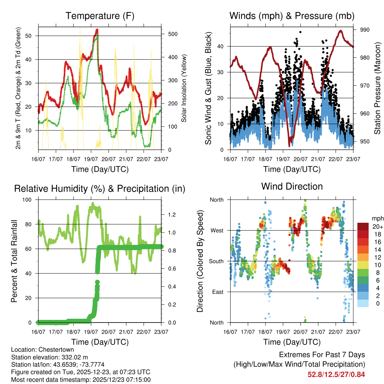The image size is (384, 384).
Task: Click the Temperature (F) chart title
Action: [x=100, y=16]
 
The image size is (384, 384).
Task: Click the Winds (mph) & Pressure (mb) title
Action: [x=292, y=16]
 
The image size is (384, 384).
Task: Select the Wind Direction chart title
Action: [x=292, y=186]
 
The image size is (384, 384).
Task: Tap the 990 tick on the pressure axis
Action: [x=365, y=30]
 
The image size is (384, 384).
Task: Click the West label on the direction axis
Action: [x=216, y=230]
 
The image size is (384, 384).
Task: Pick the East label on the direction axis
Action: [x=217, y=292]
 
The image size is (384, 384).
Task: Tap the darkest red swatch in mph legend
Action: [x=363, y=226]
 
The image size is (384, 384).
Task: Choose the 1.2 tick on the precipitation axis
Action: [x=172, y=214]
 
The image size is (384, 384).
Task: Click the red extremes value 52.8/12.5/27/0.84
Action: [x=336, y=374]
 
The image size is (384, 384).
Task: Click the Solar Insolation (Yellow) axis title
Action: [x=184, y=88]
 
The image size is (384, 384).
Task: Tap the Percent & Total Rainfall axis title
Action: [x=14, y=261]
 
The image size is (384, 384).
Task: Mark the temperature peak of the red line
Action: [x=97, y=30]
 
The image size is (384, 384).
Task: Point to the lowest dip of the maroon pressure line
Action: [x=289, y=145]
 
